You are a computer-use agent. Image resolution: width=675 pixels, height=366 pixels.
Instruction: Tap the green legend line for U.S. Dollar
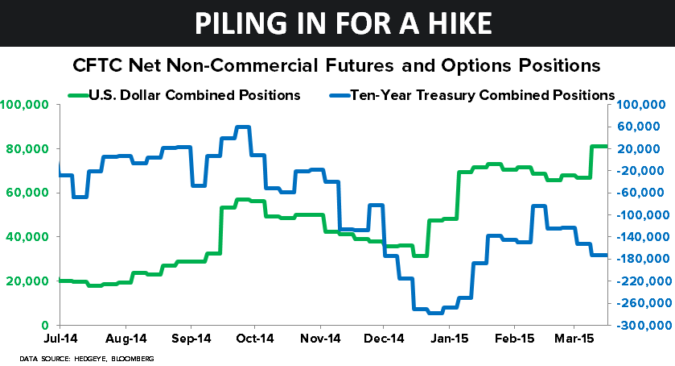(x=80, y=95)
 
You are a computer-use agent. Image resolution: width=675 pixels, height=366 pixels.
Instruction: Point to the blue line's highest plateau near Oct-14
(x=241, y=127)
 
